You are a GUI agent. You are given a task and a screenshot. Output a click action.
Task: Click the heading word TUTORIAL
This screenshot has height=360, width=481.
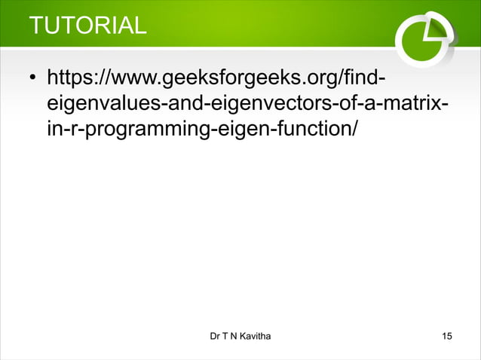[x=87, y=25]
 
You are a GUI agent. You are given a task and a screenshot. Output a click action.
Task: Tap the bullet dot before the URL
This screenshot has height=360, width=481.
[x=33, y=78]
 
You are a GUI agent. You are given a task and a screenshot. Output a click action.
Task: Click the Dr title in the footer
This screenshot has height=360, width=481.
[x=216, y=334]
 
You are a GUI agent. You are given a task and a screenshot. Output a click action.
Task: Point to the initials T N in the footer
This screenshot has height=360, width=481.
[x=231, y=334]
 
